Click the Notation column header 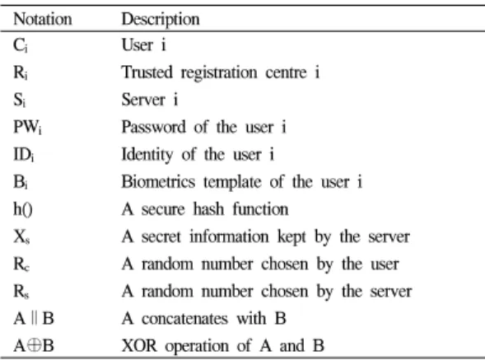coord(43,19)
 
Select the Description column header coord(161,20)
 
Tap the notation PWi coord(27,127)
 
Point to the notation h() coord(22,209)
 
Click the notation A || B coord(34,318)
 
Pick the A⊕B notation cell coord(34,345)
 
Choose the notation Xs coord(21,237)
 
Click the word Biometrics coord(158,181)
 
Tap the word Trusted coord(147,72)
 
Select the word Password coord(154,127)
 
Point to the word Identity coord(147,155)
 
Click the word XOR coord(139,345)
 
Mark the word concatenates coord(184,319)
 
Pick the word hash coord(208,209)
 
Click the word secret coord(161,236)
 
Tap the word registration coord(219,73)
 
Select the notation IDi coord(24,154)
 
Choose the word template coord(232,182)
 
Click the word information coord(229,236)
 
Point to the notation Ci coord(20,45)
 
